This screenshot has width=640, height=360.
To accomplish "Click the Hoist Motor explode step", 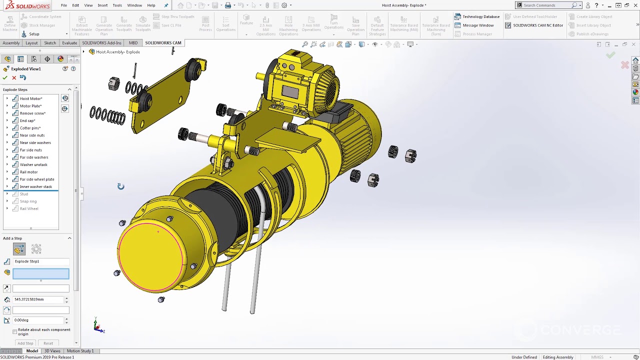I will [30, 98].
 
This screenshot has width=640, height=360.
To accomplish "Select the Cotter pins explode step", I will [30, 128].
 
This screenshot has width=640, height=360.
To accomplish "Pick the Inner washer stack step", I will [35, 186].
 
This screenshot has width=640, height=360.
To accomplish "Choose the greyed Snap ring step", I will [28, 201].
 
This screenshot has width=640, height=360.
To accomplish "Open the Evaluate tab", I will [69, 43].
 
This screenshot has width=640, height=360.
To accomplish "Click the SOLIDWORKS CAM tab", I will [163, 43].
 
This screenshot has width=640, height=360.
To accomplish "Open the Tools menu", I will [117, 5].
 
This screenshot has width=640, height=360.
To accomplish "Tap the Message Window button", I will [477, 25].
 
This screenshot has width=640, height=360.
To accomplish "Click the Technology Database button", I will [480, 16].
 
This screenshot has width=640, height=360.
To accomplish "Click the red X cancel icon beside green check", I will [14, 77].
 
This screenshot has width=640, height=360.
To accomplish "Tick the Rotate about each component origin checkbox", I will [14, 331].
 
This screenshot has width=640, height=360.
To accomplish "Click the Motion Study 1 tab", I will [80, 351].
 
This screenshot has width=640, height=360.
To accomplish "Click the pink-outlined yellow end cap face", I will [150, 255].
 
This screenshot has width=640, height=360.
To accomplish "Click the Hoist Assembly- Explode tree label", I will [117, 52].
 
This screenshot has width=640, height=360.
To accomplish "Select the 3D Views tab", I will [52, 351].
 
